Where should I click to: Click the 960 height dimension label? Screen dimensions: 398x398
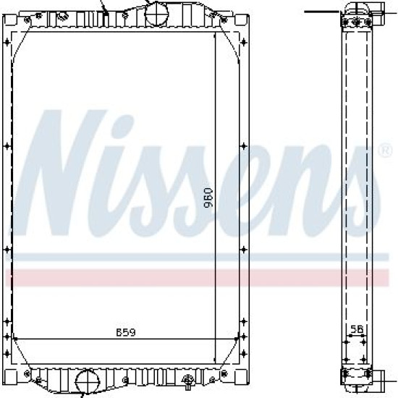point(208,198)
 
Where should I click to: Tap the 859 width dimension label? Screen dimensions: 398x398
point(126,332)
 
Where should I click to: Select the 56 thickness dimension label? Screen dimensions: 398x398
point(357,329)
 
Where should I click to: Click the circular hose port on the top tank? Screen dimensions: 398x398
point(156,13)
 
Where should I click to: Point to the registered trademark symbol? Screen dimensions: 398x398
point(385,151)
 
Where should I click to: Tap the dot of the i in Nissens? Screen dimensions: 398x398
point(122,124)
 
